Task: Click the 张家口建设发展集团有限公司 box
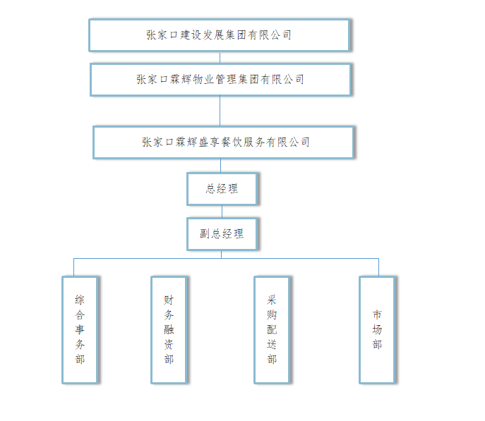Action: pos(219,35)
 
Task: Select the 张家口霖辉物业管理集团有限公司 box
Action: pos(220,79)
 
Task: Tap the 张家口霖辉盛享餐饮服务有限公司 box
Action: pos(223,142)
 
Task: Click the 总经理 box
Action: pos(222,188)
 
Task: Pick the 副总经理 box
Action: pos(222,233)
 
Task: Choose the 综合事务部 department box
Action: pos(80,329)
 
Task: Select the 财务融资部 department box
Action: pos(169,329)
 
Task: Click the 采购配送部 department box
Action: pos(272,329)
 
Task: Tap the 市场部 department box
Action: pos(377,329)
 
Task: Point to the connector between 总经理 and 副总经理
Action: pos(222,211)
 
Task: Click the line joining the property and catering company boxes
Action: pos(220,111)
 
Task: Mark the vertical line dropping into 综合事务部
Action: pos(73,267)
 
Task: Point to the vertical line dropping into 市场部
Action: pos(378,267)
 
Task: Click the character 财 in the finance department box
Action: pos(169,299)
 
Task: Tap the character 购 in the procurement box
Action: pos(272,315)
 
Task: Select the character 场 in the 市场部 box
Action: pos(377,329)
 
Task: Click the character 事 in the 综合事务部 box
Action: pos(80,329)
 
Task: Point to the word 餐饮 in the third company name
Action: pos(236,142)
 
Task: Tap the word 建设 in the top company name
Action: pos(187,35)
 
